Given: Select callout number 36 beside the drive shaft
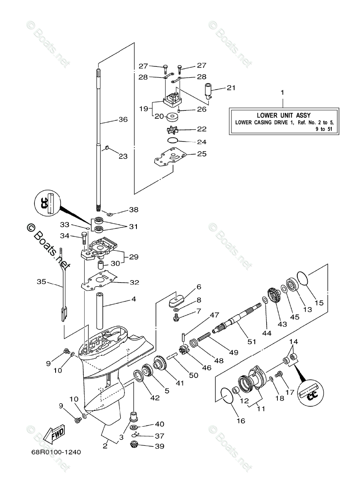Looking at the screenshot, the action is [x=123, y=120].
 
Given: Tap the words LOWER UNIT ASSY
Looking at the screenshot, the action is [x=284, y=115].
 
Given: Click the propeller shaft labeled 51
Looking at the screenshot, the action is [x=237, y=320].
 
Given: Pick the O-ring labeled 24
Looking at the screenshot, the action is [x=173, y=141].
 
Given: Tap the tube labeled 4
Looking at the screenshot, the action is [x=100, y=311].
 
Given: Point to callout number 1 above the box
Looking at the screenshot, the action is [x=282, y=93].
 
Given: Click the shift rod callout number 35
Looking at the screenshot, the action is [x=41, y=282].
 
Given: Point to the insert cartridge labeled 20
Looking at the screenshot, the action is [x=173, y=117].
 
